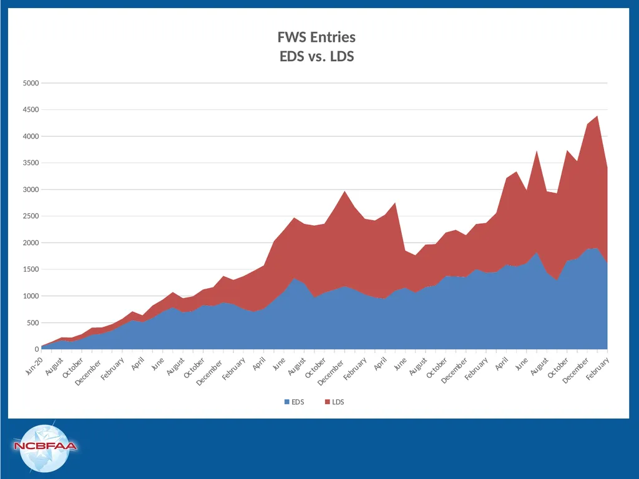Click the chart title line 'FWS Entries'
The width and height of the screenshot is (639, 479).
coord(316,37)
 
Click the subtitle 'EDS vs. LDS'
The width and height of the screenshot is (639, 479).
coord(316,56)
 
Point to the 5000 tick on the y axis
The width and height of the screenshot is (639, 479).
coord(31,83)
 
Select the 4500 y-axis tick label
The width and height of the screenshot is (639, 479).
coord(31,110)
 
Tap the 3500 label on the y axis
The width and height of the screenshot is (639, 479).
coord(31,163)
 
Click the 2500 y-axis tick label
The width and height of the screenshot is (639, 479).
coord(31,216)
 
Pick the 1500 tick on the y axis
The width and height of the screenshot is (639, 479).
coord(31,269)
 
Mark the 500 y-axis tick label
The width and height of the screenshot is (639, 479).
coord(32,322)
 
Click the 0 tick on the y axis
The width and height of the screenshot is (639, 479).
coord(37,349)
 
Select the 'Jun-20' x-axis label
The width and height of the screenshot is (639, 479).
coord(34,365)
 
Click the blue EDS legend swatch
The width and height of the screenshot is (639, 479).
coord(287,402)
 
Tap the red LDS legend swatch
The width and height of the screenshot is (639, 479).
coord(327,402)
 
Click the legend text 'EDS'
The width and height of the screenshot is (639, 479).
coord(298,402)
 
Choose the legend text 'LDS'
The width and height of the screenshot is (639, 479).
coord(338,402)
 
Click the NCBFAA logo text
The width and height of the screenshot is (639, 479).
coord(45,445)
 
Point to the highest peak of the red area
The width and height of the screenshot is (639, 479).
coord(597,116)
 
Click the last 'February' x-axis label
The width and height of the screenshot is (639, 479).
coord(598,368)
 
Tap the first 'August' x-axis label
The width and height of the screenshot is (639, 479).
coord(55,366)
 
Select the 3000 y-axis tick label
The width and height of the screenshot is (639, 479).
coord(31,190)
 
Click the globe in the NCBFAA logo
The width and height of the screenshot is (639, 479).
coord(45,448)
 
